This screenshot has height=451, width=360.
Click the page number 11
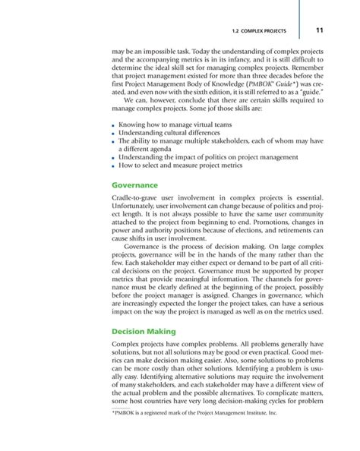[x=320, y=30]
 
